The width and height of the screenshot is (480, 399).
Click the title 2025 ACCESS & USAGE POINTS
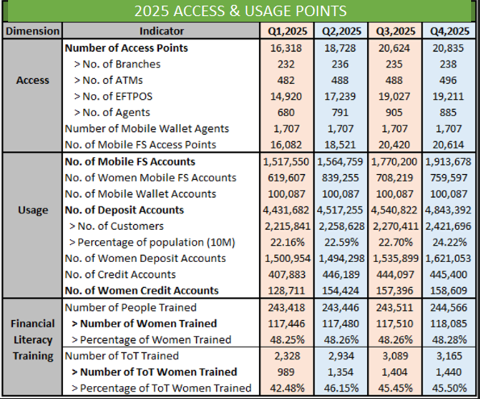pos(240,11)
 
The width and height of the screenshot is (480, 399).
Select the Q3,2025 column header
pos(395,31)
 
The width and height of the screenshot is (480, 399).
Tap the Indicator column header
pos(161,31)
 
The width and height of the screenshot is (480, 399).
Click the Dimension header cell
pos(32,31)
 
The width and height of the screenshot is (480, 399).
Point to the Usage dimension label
pos(33,210)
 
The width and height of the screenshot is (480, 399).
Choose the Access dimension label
pos(32,80)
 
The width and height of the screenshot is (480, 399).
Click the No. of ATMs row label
pos(108,80)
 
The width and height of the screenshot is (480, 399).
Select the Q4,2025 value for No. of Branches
pos(449,64)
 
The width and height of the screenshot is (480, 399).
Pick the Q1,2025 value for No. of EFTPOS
pos(286,97)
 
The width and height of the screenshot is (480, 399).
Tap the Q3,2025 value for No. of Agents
pos(394,113)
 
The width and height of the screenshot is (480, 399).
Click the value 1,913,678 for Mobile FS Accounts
pos(449,161)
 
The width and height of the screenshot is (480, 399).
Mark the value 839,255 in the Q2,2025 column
pos(340,178)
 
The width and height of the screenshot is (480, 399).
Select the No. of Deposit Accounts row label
pos(124,210)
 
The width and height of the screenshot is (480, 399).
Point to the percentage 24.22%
pos(449,243)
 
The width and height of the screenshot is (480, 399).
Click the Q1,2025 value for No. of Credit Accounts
pos(287,275)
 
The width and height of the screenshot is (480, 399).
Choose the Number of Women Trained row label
pos(144,323)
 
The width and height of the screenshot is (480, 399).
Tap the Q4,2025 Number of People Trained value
pos(449,307)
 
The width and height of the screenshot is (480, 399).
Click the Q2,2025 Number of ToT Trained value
pos(340,355)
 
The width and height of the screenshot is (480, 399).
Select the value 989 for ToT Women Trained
pos(286,372)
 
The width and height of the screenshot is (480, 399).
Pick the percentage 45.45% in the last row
pos(395,389)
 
